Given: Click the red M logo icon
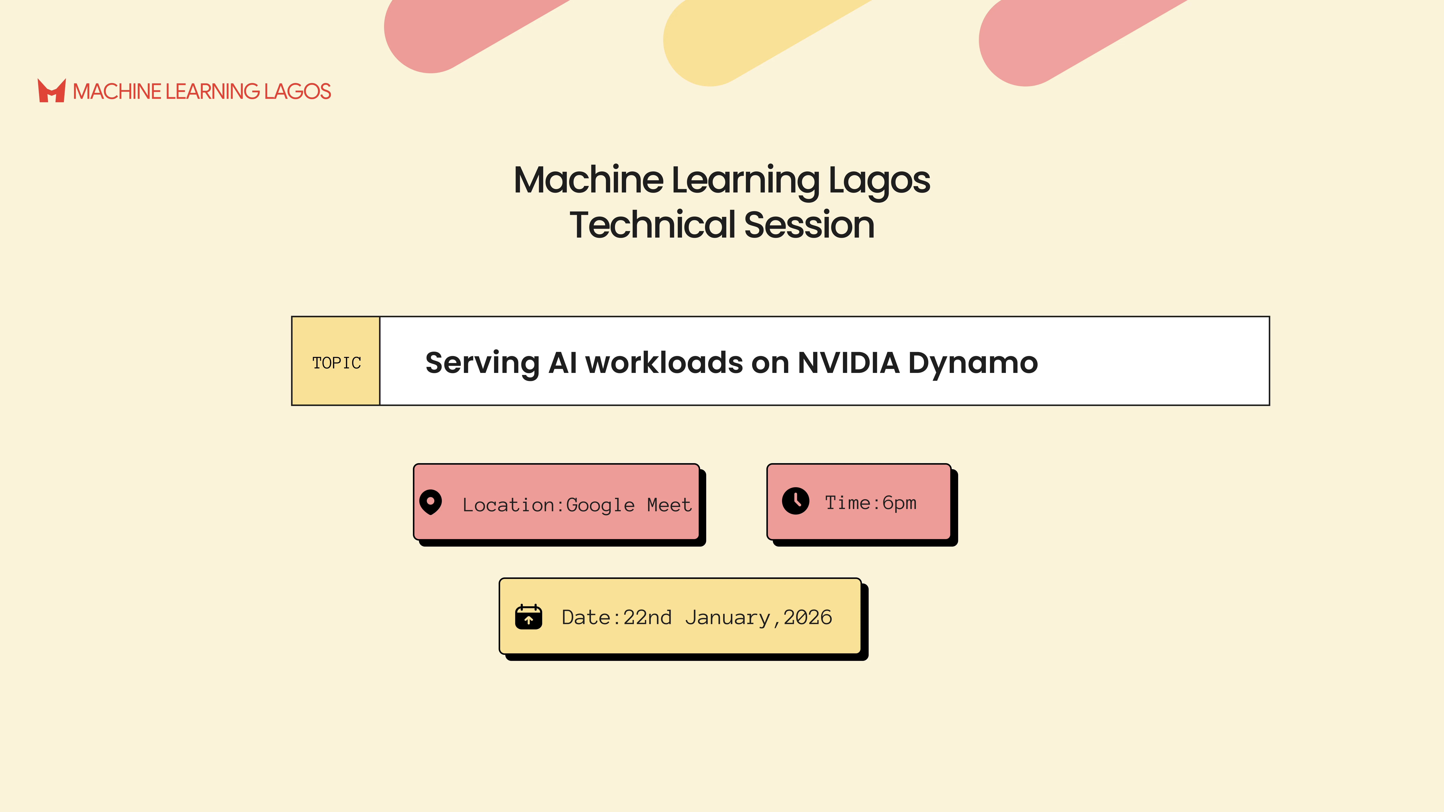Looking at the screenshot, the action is click(52, 91).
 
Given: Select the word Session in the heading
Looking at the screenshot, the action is click(809, 225).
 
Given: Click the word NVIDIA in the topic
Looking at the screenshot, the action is click(848, 363).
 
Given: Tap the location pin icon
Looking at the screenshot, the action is click(431, 502).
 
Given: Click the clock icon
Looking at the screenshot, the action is click(796, 500).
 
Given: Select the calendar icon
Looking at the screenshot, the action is click(529, 617).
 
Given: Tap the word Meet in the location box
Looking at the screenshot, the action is click(669, 505).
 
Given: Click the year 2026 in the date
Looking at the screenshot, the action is click(808, 617).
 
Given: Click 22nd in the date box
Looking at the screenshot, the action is click(647, 617).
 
